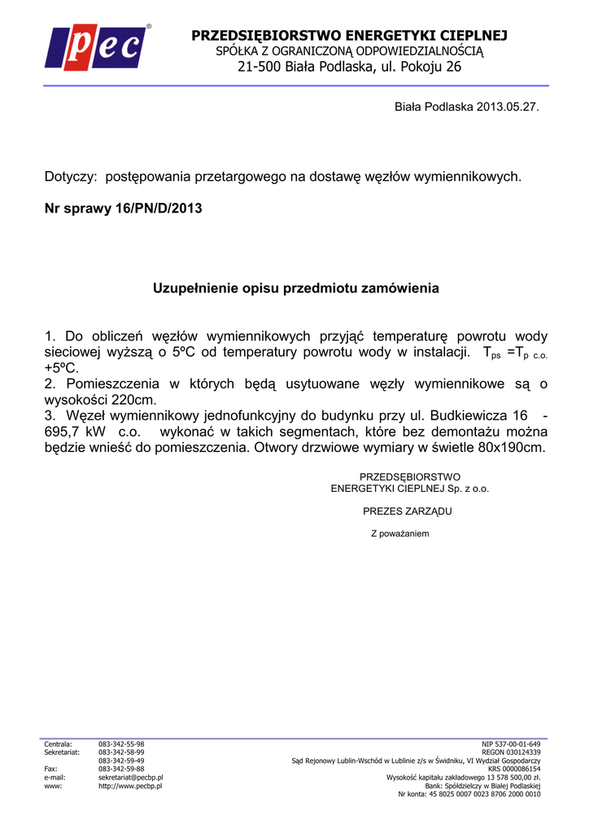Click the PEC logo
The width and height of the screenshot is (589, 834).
(x=98, y=47)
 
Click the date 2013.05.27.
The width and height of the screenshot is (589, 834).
(x=508, y=107)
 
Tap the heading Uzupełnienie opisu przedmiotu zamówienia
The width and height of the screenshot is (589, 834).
(x=296, y=288)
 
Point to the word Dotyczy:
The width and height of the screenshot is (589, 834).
(x=71, y=177)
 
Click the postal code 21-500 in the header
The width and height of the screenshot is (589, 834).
(x=260, y=67)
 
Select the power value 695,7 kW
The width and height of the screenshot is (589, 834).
(x=75, y=431)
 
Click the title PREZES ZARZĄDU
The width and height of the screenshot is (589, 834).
(x=407, y=511)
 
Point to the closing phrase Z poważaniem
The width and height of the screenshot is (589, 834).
(x=399, y=533)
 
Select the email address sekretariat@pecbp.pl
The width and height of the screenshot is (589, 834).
(x=131, y=778)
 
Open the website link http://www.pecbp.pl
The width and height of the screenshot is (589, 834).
(x=130, y=786)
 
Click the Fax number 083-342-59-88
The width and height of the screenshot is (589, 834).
(x=121, y=769)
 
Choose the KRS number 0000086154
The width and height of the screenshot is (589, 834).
(x=523, y=769)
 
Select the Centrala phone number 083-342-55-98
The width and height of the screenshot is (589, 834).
(x=121, y=744)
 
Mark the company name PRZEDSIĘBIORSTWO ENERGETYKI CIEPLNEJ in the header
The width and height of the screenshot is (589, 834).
(x=349, y=35)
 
